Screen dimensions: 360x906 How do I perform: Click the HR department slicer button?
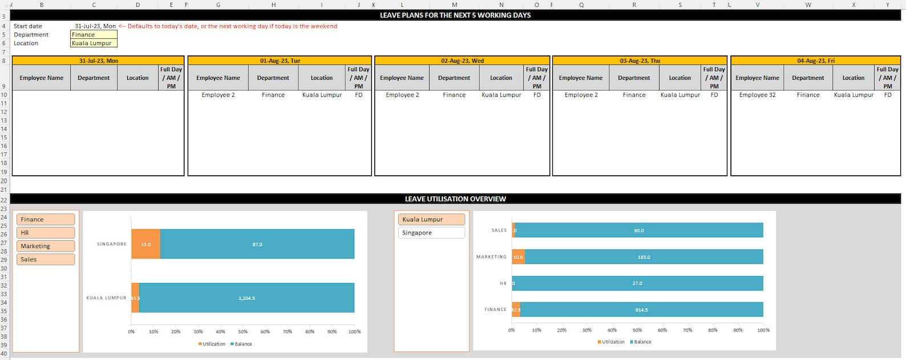pos(46,233)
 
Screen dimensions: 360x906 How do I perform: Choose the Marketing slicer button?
pos(46,246)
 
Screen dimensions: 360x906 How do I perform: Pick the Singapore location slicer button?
pos(431,233)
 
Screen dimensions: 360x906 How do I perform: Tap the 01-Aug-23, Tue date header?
pos(280,60)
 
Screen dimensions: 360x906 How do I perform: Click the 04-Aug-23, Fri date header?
pos(815,60)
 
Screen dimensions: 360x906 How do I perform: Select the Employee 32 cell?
pos(757,95)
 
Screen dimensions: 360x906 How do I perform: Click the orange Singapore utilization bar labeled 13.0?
pos(145,244)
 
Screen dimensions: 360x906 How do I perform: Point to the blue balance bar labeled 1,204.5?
pos(246,298)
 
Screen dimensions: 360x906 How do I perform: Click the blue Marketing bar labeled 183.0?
pos(644,257)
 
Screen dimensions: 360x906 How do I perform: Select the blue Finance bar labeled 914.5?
pos(641,310)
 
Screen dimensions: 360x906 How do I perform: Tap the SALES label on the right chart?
pos(499,230)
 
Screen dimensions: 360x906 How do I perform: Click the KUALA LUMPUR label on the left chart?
pos(106,298)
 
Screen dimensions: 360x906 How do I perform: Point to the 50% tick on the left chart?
pos(242,331)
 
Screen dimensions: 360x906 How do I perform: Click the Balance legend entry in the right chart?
pos(642,342)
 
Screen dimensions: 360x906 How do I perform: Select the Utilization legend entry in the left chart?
pos(213,344)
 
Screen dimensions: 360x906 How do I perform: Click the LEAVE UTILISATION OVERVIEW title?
pos(455,199)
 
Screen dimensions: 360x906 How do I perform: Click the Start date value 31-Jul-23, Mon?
pos(95,26)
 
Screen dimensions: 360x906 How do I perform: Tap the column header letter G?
pos(218,5)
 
